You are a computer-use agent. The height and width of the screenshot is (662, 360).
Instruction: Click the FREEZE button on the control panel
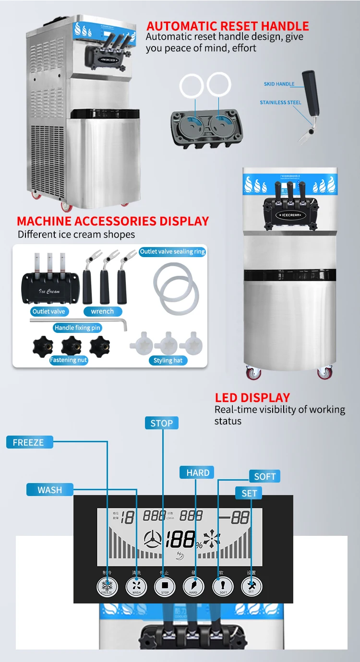[x=107, y=586]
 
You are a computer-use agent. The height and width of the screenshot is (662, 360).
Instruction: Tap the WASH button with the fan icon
[x=136, y=586]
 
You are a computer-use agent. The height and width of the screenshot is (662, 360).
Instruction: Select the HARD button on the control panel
[x=193, y=586]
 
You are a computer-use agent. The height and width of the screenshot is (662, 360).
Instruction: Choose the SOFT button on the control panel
[x=223, y=586]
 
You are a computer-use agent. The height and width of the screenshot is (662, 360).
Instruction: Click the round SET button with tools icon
[x=251, y=586]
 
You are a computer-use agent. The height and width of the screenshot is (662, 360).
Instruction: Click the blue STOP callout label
[x=162, y=423]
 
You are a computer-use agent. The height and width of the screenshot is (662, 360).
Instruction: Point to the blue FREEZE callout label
[x=29, y=442]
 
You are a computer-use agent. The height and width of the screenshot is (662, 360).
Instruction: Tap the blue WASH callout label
[x=50, y=490]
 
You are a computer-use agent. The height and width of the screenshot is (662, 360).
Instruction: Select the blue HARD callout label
[x=197, y=473]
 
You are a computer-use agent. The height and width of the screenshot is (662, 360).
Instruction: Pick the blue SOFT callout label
[x=264, y=476]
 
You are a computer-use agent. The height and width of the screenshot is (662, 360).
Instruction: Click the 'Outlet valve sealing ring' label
[x=172, y=251]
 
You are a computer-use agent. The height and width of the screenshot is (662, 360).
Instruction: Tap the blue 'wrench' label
[x=102, y=311]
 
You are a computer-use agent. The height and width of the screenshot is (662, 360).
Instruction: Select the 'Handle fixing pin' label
[x=78, y=328]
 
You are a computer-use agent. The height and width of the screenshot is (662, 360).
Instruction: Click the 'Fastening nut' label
[x=69, y=360]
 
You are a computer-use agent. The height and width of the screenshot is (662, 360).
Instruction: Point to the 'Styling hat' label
[x=168, y=360]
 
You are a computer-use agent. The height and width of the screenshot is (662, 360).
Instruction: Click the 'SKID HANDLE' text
[x=279, y=84]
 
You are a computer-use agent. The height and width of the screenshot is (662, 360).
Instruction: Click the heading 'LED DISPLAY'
[x=252, y=398]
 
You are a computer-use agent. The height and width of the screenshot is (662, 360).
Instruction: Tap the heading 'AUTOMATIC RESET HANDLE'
[x=228, y=26]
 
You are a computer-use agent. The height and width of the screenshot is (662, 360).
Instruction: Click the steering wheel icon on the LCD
[x=153, y=541]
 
